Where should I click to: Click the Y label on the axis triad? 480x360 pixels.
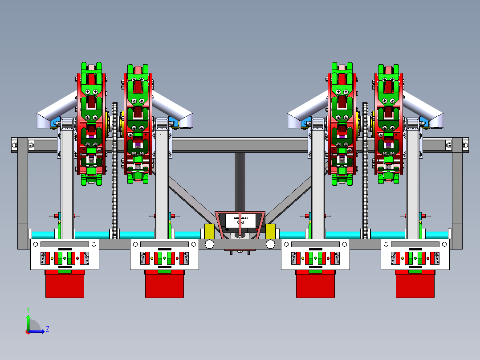click(x=28, y=309)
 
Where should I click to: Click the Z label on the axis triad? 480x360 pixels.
click(x=47, y=329)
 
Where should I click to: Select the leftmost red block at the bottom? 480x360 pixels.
click(x=65, y=284)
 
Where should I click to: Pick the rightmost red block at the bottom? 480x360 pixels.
click(x=415, y=284)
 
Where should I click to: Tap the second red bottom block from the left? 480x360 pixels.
click(x=164, y=284)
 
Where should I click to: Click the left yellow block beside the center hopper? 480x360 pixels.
click(x=209, y=231)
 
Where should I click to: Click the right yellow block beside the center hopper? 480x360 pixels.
click(x=270, y=231)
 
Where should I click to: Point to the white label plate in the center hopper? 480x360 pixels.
click(x=240, y=221)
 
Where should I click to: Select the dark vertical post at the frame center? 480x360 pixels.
click(x=240, y=178)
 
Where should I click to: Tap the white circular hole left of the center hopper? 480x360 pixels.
click(x=209, y=244)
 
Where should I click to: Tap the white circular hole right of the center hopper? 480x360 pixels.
click(x=270, y=244)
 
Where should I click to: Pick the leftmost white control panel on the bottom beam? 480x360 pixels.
click(x=65, y=254)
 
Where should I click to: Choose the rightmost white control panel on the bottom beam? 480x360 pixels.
click(x=415, y=254)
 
